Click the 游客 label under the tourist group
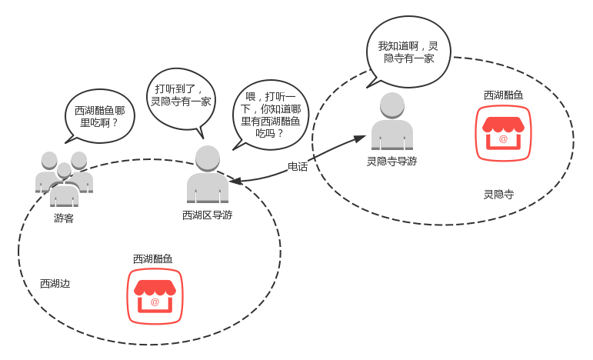point(64,218)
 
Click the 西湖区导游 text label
point(207,215)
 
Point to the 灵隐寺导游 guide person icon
point(391,122)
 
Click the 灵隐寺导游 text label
point(391,162)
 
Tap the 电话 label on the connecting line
point(298,166)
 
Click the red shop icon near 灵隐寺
point(504,132)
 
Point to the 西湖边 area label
point(55,284)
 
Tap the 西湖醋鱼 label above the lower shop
point(152,259)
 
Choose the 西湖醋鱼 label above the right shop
point(503,95)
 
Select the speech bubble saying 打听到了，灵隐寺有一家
point(182,95)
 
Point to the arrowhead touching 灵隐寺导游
point(359,138)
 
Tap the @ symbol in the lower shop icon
point(155,302)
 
